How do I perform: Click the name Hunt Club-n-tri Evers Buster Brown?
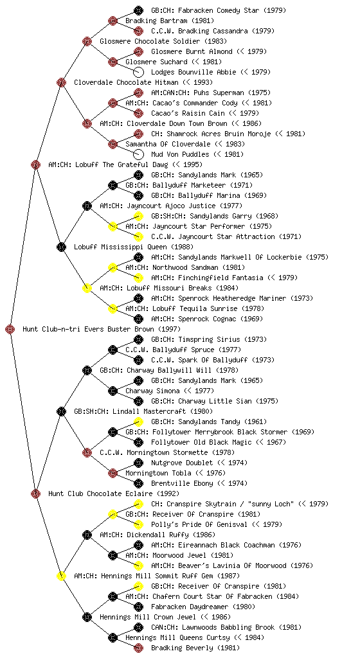tap(88, 329)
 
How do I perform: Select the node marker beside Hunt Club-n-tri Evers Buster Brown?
tap(10, 329)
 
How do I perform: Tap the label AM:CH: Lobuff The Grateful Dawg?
tap(108, 164)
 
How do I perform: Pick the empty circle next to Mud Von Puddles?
tap(138, 154)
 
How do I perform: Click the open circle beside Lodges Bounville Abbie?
tap(138, 72)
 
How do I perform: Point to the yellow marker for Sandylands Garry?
tap(138, 216)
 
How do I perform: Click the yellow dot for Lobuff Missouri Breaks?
tap(87, 288)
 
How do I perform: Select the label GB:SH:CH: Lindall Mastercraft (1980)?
tap(143, 411)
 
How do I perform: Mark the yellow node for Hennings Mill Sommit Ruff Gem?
tap(61, 576)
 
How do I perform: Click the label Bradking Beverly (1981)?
tap(195, 648)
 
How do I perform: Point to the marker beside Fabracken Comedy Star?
tap(138, 10)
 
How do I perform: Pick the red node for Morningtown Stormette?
tap(87, 452)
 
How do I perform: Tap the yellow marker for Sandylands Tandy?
tap(138, 422)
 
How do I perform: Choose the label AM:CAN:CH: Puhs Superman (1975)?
tap(211, 93)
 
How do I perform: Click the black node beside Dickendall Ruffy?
tap(87, 535)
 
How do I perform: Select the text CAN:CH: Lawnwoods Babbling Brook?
tap(213, 627)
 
